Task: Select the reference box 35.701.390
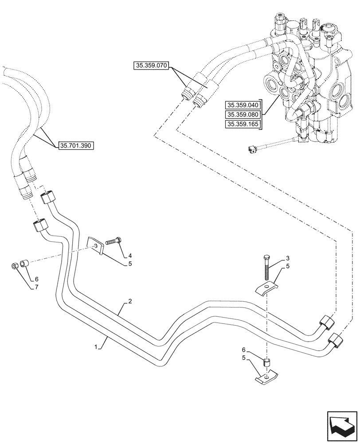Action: (x=76, y=145)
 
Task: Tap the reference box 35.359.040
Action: (x=243, y=105)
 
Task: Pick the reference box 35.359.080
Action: (x=243, y=115)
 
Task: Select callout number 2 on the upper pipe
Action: (x=130, y=302)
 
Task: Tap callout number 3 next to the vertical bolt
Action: (x=288, y=258)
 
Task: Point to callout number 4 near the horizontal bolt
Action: (x=130, y=256)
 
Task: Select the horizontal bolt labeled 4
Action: (x=113, y=242)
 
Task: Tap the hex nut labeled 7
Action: (x=15, y=266)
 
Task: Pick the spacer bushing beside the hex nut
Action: (x=24, y=265)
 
